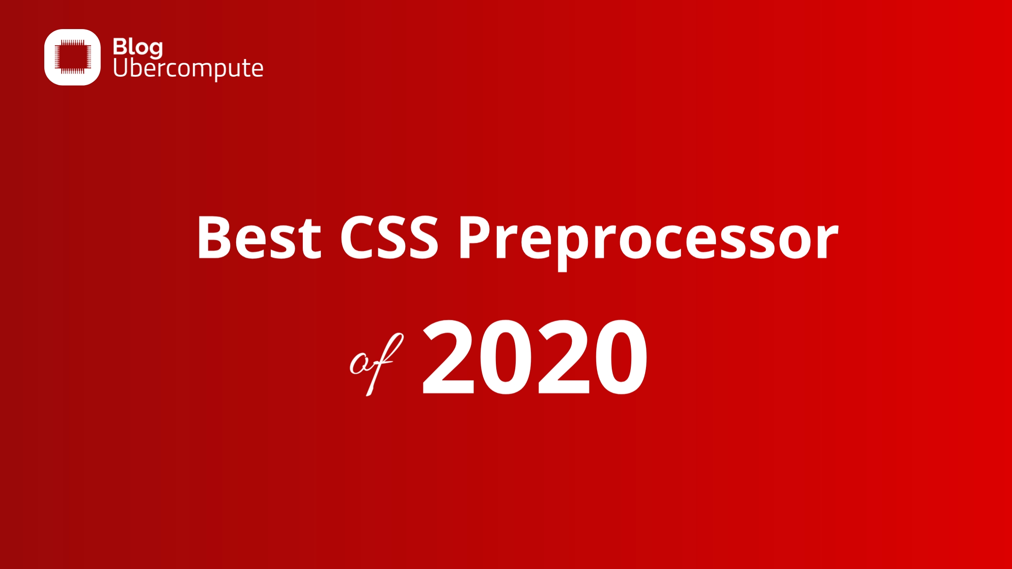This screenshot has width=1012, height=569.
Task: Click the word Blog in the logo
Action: (x=137, y=47)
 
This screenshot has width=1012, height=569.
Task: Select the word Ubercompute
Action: (x=188, y=68)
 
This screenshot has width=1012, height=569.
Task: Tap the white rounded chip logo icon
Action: (x=73, y=57)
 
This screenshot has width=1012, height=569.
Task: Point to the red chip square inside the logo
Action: (x=73, y=57)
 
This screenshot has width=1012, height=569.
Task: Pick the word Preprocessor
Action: (x=649, y=240)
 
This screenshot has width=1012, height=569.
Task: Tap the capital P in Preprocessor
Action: (x=475, y=238)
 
